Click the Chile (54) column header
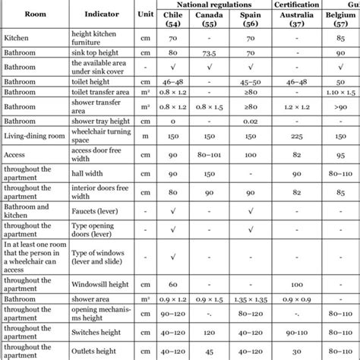coord(174,19)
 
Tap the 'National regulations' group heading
coord(213,5)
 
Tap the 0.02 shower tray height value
coord(251,121)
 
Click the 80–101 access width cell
coord(213,155)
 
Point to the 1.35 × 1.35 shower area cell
coord(251,300)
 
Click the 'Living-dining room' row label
coord(32,137)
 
